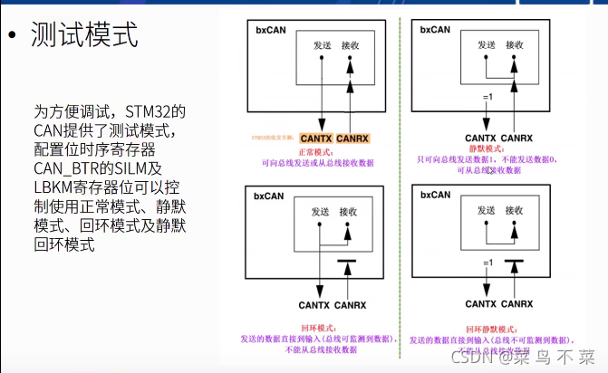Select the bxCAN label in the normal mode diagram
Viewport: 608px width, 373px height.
coord(269,29)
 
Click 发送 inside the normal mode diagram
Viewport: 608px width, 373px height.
coord(323,44)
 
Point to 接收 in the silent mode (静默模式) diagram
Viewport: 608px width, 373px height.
coord(515,44)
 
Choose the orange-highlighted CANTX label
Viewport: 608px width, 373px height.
coord(317,139)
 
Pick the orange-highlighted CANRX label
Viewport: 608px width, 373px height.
coord(352,139)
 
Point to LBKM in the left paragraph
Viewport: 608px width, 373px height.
coord(57,186)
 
